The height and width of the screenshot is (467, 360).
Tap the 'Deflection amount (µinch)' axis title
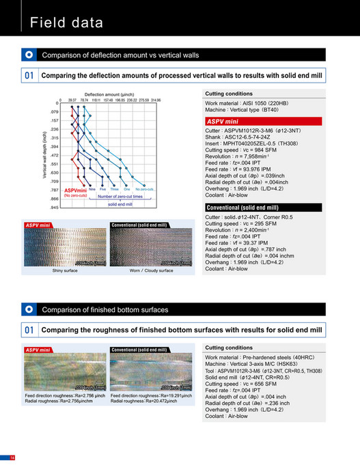pyautogui.click(x=112, y=94)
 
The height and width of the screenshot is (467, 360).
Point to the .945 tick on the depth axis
pyautogui.click(x=55, y=208)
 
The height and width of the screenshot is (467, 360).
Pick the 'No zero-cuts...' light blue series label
pyautogui.click(x=144, y=189)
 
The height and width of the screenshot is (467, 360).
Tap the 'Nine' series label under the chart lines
pyautogui.click(x=92, y=189)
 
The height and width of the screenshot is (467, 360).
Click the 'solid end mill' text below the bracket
pyautogui.click(x=120, y=203)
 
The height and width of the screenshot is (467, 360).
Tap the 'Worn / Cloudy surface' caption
pyautogui.click(x=152, y=270)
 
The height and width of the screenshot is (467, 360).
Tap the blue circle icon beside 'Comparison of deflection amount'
pyautogui.click(x=29, y=54)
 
